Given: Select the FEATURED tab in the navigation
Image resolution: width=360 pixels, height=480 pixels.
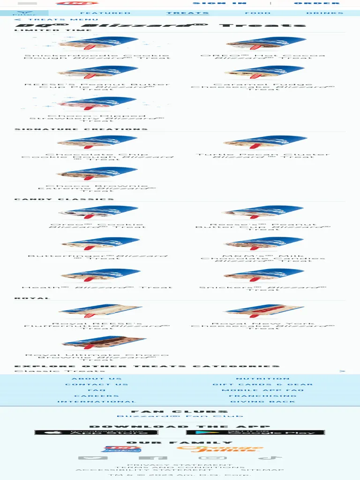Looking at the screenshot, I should [x=105, y=13].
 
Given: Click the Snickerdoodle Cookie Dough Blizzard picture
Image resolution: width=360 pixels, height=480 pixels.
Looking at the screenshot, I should [x=97, y=45].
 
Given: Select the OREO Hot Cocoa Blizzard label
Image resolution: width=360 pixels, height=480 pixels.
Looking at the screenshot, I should [x=262, y=56].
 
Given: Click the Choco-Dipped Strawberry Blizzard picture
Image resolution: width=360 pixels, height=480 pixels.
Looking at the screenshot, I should [x=97, y=103].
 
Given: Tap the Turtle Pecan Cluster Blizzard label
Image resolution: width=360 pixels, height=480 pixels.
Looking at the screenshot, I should [x=262, y=156].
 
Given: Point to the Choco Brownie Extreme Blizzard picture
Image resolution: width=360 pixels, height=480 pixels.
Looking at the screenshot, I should [x=97, y=173].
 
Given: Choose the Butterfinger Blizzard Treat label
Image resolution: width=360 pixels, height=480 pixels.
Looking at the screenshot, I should [x=97, y=257].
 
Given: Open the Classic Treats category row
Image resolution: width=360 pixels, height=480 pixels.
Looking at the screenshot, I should [x=180, y=371].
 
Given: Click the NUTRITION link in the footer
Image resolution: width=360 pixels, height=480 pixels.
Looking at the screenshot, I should [x=262, y=379].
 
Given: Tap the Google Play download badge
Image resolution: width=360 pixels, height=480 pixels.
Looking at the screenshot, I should [x=255, y=432].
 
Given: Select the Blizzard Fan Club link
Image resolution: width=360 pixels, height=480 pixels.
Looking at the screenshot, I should [x=180, y=416].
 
